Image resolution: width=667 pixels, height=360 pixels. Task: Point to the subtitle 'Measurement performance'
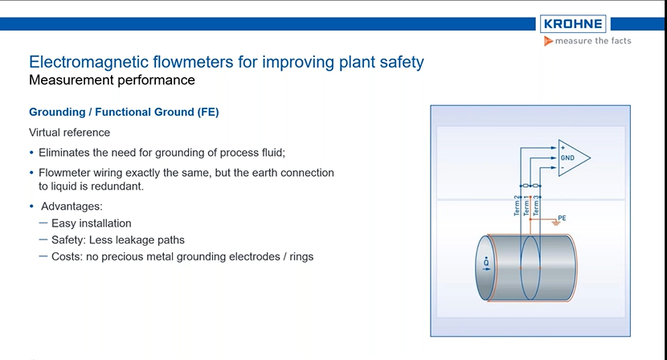pos(112,80)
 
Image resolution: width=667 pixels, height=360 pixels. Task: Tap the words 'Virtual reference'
pos(70,132)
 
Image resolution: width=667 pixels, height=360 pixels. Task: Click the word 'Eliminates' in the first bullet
pos(63,152)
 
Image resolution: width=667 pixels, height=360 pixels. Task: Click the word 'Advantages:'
pos(72,207)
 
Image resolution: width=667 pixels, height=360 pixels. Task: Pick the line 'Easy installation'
pos(91,223)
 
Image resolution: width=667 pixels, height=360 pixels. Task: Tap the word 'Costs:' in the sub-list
pos(68,256)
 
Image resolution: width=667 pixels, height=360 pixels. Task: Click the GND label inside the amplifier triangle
pos(567,158)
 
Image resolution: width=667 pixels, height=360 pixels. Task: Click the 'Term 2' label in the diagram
pos(517,207)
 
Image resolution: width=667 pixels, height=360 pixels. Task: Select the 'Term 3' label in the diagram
pos(536,207)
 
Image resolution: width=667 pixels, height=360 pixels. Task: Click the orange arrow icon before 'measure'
pos(548,42)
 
